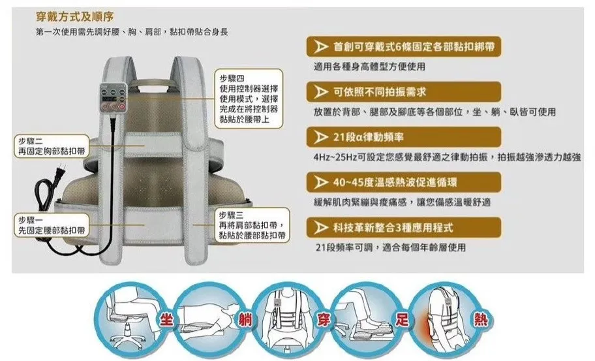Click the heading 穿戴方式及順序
point(74,17)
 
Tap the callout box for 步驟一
point(52,225)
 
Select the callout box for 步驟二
point(52,146)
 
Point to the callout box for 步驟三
point(252,225)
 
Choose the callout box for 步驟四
point(249,99)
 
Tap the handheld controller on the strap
point(113,97)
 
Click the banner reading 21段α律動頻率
point(404,137)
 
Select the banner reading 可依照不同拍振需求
point(404,92)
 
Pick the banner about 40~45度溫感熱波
point(404,182)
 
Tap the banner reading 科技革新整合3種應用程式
point(404,227)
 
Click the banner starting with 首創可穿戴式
point(404,47)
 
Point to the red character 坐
point(167,320)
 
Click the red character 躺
point(245,320)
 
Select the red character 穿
point(324,320)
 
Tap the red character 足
point(402,320)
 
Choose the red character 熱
point(480,320)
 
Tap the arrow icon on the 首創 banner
point(320,47)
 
